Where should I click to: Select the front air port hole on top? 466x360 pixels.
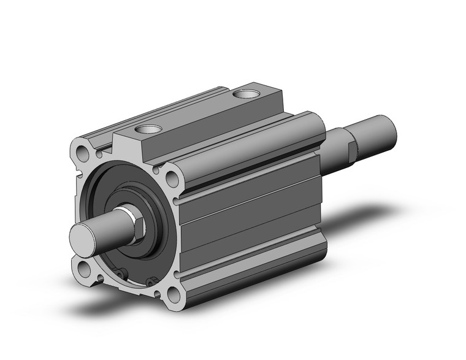tap(147, 130)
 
